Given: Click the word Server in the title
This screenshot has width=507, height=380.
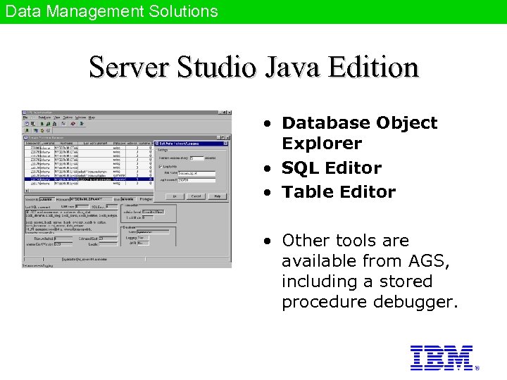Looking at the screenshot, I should pos(128,68).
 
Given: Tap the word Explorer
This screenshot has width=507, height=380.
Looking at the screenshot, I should pos(321,144).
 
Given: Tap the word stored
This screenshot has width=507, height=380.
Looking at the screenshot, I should pos(408,281).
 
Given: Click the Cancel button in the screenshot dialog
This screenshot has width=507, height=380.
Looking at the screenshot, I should pos(196,196).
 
